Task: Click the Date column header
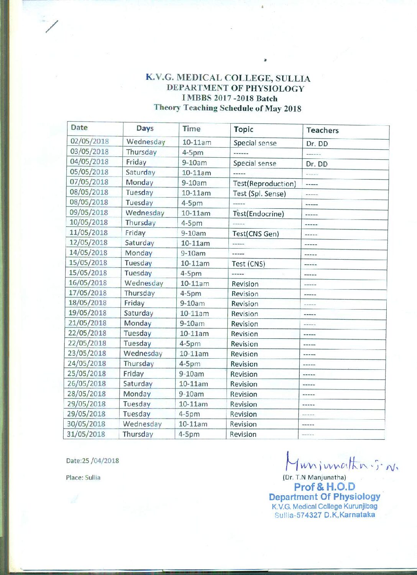79,128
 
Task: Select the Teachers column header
322,130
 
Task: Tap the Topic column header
243,130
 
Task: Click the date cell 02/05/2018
89,141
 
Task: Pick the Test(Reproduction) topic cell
264,184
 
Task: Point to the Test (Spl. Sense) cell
259,194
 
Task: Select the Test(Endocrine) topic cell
258,214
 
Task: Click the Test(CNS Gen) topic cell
255,234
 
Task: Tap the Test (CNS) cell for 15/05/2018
248,264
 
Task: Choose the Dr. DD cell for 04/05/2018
317,164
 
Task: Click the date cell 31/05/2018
87,434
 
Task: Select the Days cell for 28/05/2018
137,394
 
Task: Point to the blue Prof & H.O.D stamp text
324,487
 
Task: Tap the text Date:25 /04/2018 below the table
92,461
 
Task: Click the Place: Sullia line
83,478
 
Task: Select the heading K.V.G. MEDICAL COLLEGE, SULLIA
228,78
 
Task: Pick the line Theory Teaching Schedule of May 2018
227,108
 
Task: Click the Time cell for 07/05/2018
194,183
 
